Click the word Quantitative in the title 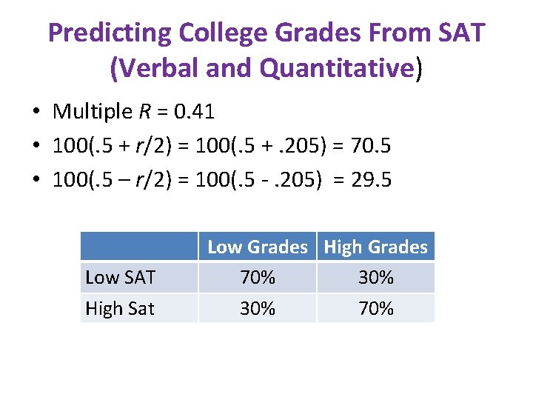click(x=338, y=68)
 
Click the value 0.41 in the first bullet click(x=193, y=112)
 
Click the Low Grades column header click(x=257, y=247)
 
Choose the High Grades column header click(x=375, y=247)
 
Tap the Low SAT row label click(x=121, y=278)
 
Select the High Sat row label click(x=120, y=308)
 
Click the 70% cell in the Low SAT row click(x=257, y=278)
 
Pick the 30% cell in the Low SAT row click(x=375, y=278)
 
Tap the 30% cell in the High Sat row click(x=257, y=308)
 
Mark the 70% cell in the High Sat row click(x=375, y=308)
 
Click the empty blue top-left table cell click(x=138, y=247)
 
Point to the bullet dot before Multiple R click(x=36, y=113)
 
